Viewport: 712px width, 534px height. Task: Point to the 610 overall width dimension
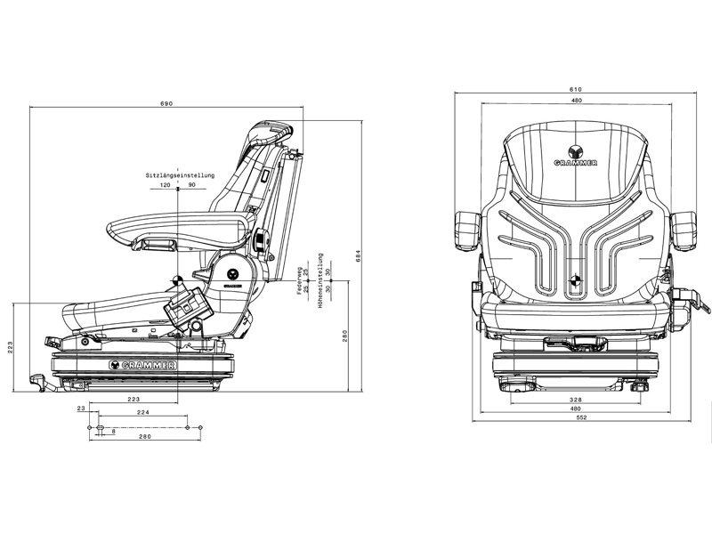(576, 89)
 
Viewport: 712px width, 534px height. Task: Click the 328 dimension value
(576, 400)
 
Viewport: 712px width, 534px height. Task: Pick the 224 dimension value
(142, 413)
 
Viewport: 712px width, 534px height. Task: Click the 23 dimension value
(81, 408)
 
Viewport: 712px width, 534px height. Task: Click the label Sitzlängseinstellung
(179, 175)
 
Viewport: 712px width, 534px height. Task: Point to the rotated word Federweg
(300, 280)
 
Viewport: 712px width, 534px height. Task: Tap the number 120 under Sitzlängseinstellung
(165, 185)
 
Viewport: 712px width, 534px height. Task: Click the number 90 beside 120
(191, 185)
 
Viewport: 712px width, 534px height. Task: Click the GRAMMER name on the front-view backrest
(575, 164)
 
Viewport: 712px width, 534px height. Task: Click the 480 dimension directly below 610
(576, 101)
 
